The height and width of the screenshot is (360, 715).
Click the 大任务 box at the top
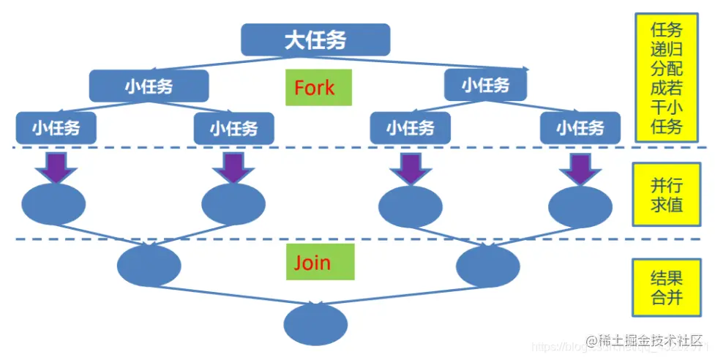pyautogui.click(x=315, y=40)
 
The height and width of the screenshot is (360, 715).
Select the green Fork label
pyautogui.click(x=314, y=88)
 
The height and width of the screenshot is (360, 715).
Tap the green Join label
pyautogui.click(x=313, y=262)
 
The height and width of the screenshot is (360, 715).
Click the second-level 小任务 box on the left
pyautogui.click(x=149, y=86)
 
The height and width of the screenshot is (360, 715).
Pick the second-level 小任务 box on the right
pyautogui.click(x=486, y=86)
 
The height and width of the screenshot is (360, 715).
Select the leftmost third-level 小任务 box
pyautogui.click(x=56, y=129)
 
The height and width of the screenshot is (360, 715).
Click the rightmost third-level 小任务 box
pyautogui.click(x=580, y=129)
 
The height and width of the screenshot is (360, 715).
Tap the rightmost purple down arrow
pyautogui.click(x=580, y=168)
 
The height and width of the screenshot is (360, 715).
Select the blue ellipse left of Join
pyautogui.click(x=149, y=264)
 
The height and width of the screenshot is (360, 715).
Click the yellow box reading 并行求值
pyautogui.click(x=667, y=195)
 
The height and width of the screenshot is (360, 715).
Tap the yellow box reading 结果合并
pyautogui.click(x=667, y=287)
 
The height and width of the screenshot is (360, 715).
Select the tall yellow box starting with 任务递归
pyautogui.click(x=667, y=78)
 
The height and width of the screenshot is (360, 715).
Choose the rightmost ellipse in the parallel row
pyautogui.click(x=580, y=206)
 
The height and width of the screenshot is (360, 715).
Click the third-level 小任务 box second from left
pyautogui.click(x=233, y=129)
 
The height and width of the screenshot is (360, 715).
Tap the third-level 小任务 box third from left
pyautogui.click(x=411, y=129)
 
